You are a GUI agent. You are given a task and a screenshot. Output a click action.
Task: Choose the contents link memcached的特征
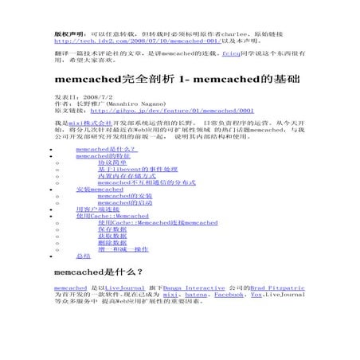click(102, 156)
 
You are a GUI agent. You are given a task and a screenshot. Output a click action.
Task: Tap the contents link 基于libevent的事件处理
click(138, 170)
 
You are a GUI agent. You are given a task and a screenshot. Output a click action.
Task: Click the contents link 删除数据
click(112, 243)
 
